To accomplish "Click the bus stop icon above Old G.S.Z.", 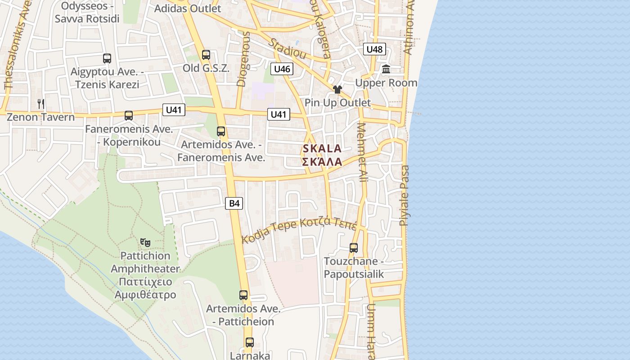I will pos(206,55).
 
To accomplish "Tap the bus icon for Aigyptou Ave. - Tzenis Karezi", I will pos(107,58).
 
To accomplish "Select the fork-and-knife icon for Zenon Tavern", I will pos(41,104).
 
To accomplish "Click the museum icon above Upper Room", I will pos(386,69).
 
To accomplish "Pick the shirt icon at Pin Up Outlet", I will pos(337,90).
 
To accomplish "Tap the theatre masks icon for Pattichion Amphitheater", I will pos(145,243).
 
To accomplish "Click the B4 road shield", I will pos(234,203).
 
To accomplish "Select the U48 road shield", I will pos(374,49).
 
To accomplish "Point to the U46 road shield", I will pos(282,69).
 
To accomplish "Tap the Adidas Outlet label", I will pos(188,8).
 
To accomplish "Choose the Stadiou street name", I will pos(288,49).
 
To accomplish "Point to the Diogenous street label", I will pos(243,58).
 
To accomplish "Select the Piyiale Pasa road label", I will pos(405,195).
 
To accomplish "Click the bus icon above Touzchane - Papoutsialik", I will pos(354,248).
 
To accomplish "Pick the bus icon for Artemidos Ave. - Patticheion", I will pos(243,295).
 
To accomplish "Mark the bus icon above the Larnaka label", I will pos(249,342).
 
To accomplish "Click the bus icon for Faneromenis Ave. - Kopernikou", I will pos(129,116).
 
